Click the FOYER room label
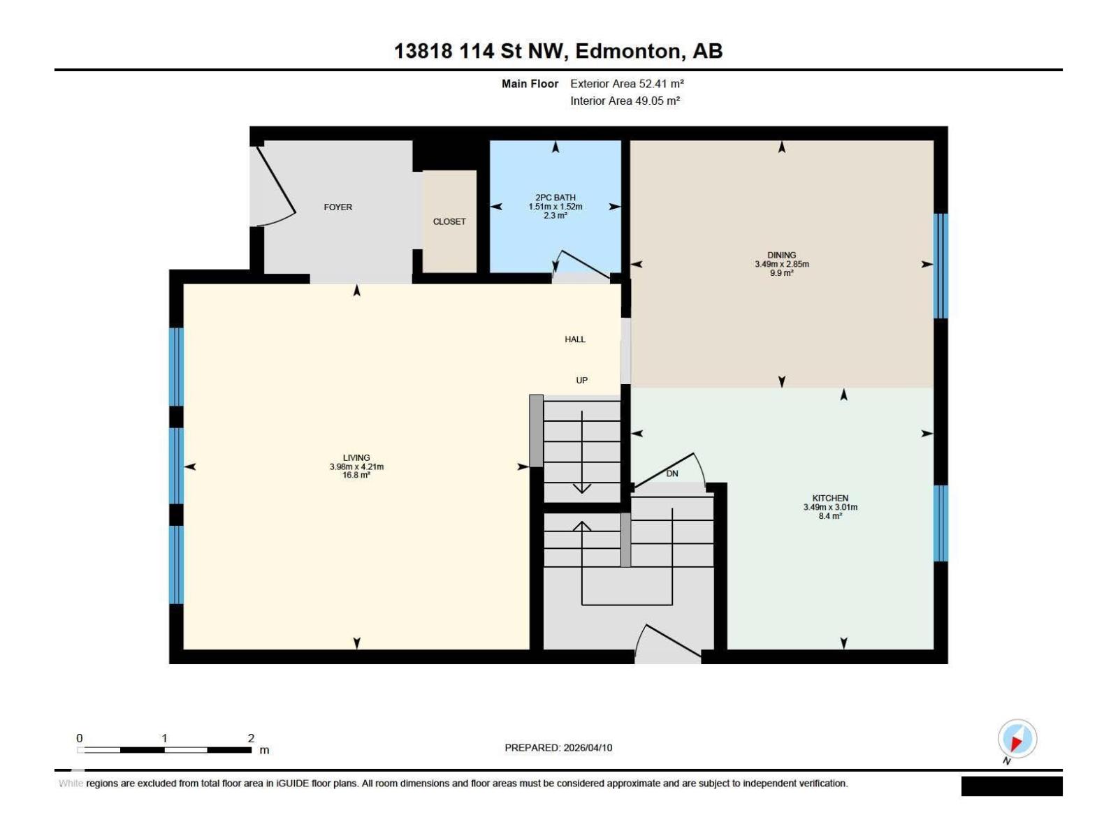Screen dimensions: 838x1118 [x=337, y=207]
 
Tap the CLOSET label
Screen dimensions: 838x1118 [x=449, y=221]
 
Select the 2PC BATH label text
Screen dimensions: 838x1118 [x=555, y=198]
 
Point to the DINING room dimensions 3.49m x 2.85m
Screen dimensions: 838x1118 [x=781, y=264]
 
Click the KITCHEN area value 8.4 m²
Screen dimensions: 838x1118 [x=829, y=516]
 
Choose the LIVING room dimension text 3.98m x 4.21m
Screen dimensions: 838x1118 [x=356, y=466]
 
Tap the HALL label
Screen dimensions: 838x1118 [x=574, y=339]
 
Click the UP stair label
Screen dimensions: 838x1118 [x=581, y=381]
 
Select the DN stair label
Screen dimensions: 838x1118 [x=671, y=473]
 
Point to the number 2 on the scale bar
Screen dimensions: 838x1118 [x=251, y=738]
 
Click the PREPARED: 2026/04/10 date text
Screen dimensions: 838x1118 [x=558, y=747]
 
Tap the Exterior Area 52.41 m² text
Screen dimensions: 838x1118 [x=626, y=84]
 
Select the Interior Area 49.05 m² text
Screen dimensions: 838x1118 [x=625, y=101]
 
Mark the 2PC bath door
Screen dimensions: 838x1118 [x=583, y=264]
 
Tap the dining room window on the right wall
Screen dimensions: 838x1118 [x=941, y=265]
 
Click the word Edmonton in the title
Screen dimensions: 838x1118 [x=628, y=51]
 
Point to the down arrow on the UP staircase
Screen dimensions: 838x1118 [x=581, y=487]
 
